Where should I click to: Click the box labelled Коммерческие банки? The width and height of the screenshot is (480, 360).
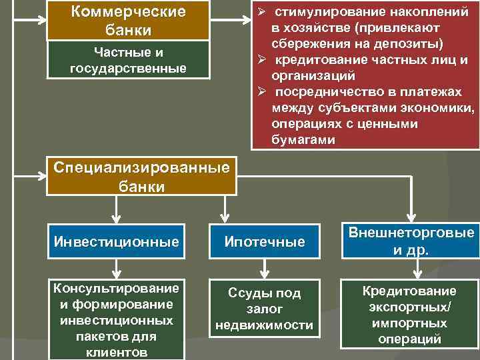point(128,21)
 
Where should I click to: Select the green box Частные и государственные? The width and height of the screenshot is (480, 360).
point(128,61)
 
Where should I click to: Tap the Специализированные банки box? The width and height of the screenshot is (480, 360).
point(141,176)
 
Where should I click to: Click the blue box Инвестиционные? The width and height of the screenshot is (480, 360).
point(117,242)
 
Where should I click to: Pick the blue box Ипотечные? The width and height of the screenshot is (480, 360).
point(264,242)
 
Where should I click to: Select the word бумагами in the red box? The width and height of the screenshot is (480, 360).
point(304,140)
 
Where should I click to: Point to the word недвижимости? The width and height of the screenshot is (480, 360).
point(264,325)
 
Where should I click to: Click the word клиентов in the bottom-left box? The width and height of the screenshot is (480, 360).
point(117,352)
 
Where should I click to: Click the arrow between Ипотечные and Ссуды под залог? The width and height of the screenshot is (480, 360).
point(265,269)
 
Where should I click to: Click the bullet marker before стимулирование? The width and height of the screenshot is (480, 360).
point(262,13)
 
